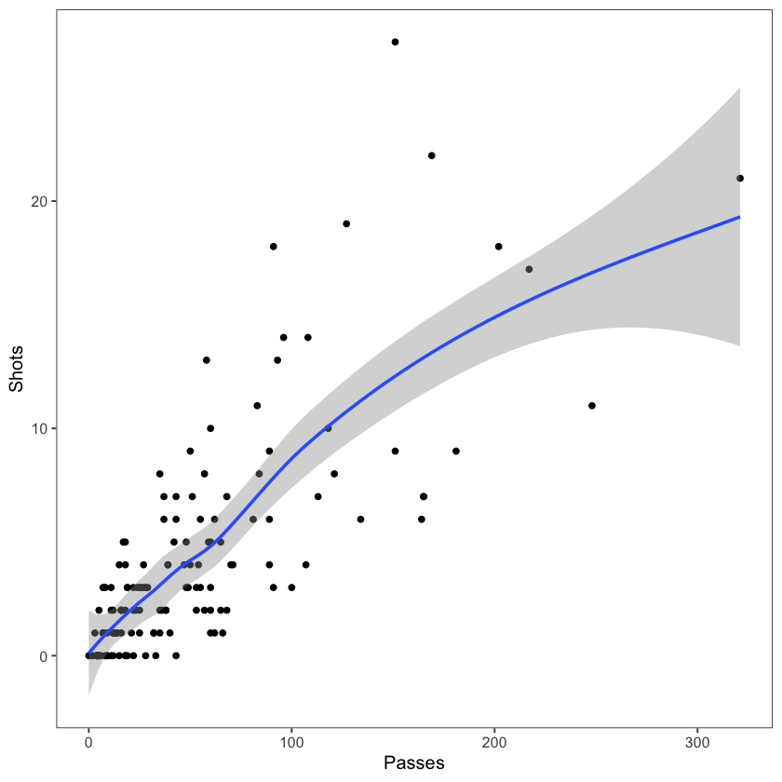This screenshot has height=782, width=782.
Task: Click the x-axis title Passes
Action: tap(414, 763)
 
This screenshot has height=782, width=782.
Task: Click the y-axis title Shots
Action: tap(17, 371)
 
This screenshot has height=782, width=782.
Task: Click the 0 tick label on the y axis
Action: tap(43, 655)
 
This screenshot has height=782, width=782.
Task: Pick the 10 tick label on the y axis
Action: tap(39, 428)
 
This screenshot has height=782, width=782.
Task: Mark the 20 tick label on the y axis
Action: tap(39, 201)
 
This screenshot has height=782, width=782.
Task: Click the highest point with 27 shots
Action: tap(395, 42)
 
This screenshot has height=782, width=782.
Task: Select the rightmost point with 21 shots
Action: tap(740, 178)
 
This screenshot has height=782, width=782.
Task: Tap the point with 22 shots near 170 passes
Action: tap(431, 155)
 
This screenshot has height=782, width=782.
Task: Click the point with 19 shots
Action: tap(346, 223)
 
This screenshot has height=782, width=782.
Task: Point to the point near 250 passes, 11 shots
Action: tap(592, 405)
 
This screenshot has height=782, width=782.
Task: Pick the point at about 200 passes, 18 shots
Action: tap(499, 246)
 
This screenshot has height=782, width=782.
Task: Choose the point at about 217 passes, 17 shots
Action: tap(529, 269)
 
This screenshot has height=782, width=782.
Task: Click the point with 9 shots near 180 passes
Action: tap(456, 451)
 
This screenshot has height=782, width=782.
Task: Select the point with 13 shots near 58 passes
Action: tap(207, 359)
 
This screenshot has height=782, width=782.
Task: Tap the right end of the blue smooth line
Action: tap(739, 217)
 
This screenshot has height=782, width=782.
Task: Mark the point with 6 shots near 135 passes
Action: tap(360, 519)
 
